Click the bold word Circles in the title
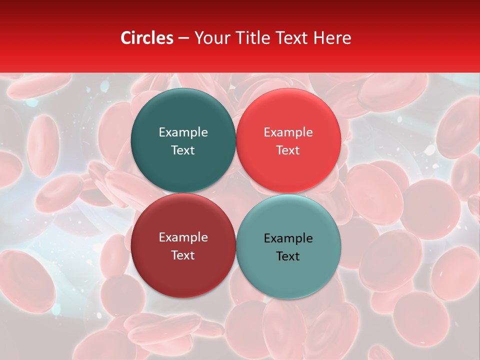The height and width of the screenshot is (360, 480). pyautogui.click(x=147, y=38)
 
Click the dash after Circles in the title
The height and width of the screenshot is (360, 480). pyautogui.click(x=183, y=38)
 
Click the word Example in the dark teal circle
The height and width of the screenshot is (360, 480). pyautogui.click(x=183, y=132)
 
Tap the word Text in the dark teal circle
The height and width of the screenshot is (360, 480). pyautogui.click(x=183, y=150)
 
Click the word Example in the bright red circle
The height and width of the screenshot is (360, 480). pyautogui.click(x=288, y=132)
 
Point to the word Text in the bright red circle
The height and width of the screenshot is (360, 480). pyautogui.click(x=288, y=150)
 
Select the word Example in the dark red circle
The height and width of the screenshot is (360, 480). pyautogui.click(x=183, y=237)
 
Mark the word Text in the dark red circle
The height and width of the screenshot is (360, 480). pyautogui.click(x=183, y=255)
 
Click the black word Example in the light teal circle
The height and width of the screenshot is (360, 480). pyautogui.click(x=288, y=238)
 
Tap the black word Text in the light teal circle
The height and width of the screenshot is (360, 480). pyautogui.click(x=288, y=256)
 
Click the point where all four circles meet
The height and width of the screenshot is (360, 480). pyautogui.click(x=235, y=193)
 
